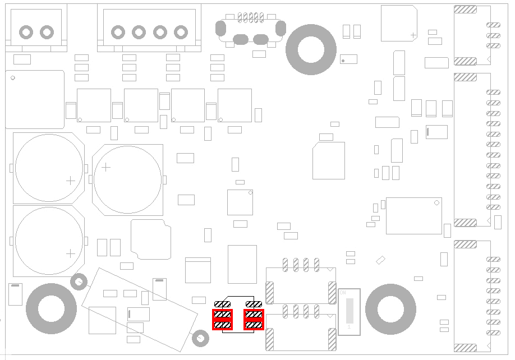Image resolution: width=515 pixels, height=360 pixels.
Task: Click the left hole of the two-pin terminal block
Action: (x=26, y=31)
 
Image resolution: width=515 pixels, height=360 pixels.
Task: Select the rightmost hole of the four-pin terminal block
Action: (x=180, y=32)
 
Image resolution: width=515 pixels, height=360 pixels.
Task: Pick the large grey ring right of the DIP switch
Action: (x=390, y=309)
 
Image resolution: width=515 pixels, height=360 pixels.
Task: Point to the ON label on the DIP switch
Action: (x=343, y=293)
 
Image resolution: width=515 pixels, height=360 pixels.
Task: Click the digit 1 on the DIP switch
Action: (x=349, y=326)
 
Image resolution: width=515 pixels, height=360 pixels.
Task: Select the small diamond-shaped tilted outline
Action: (x=381, y=260)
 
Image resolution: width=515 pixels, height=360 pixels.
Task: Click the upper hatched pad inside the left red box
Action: (x=223, y=315)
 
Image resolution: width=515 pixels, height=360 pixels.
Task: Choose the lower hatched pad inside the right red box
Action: (x=254, y=325)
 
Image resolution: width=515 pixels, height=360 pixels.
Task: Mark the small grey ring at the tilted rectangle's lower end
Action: (x=199, y=338)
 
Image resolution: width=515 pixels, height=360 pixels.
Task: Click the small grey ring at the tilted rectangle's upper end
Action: (x=79, y=281)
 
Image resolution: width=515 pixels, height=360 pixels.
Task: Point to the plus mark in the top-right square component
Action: (x=413, y=35)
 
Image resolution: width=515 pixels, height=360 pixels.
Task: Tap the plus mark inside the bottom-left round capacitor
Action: (x=70, y=253)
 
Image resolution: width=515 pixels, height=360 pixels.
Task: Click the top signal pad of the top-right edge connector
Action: (x=493, y=25)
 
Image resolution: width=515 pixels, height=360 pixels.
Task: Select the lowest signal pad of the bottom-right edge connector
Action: (x=493, y=333)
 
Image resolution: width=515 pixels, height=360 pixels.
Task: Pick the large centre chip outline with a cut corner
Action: (x=329, y=160)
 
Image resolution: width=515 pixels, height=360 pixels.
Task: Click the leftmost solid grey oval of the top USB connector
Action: (x=220, y=27)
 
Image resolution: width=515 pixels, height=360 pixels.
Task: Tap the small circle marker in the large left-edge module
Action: (x=12, y=78)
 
